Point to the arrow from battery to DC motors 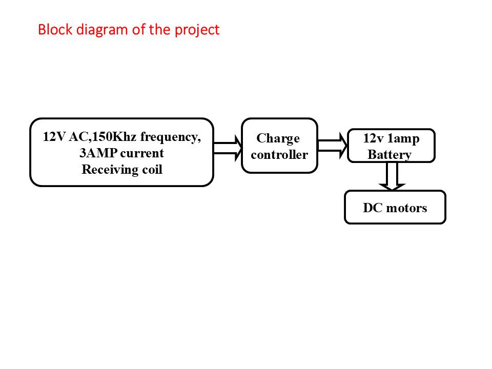coord(393,176)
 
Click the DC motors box coord(395,208)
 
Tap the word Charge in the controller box coord(278,139)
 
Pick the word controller coord(279,155)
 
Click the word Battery coord(389,155)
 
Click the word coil coord(151,170)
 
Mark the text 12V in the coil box coord(54,137)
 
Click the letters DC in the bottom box coord(373,208)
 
